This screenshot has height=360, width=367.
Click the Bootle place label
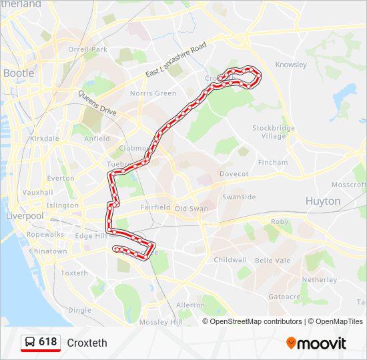[x=19, y=73]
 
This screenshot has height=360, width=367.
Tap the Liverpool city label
[x=24, y=216]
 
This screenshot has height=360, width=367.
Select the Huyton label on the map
[x=323, y=201]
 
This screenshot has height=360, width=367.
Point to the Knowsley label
[x=291, y=65]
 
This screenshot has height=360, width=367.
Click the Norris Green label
[x=153, y=93]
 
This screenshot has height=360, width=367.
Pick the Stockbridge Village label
[x=269, y=131]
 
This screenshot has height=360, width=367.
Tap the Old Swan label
[x=191, y=208]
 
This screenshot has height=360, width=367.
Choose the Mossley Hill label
[x=161, y=322]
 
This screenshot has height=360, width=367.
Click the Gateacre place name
[x=285, y=297]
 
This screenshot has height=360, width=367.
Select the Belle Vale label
[x=272, y=260]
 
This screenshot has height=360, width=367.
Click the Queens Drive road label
[x=97, y=104]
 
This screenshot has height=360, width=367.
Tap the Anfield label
[x=97, y=139]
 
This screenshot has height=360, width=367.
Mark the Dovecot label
[x=234, y=173]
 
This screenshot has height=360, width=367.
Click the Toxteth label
[x=74, y=273]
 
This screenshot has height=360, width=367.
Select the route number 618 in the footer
[x=48, y=342]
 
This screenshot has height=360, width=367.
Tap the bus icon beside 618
[x=30, y=343]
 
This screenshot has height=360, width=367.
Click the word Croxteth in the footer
[x=87, y=343]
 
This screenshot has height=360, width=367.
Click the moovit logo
[x=317, y=343]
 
